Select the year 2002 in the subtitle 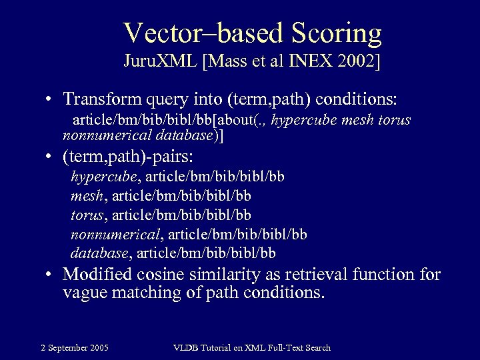[x=355, y=63]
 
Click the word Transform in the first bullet [x=97, y=99]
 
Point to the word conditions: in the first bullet [x=357, y=99]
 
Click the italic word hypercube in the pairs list [x=104, y=177]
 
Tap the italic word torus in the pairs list [x=87, y=215]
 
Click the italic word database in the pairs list [x=99, y=253]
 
